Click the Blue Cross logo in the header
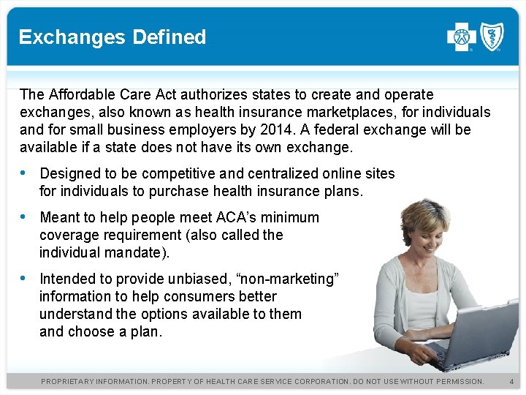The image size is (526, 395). (462, 37)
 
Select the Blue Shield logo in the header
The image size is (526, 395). (490, 37)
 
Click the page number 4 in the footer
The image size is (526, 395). (511, 382)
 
